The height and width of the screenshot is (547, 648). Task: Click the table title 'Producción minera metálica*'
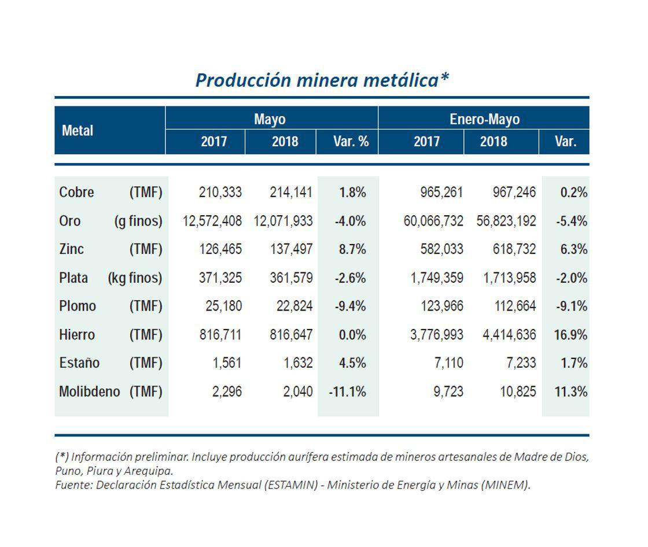click(x=322, y=80)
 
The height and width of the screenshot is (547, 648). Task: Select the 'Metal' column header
click(x=78, y=131)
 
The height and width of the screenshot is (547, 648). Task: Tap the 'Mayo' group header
click(x=270, y=119)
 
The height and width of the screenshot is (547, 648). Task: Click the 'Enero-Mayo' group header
click(x=484, y=119)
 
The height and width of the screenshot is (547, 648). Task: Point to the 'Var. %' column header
click(x=351, y=142)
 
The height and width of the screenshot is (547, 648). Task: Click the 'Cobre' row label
click(x=76, y=193)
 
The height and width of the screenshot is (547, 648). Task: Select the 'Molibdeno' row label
click(x=89, y=391)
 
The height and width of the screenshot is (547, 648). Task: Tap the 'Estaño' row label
click(x=79, y=363)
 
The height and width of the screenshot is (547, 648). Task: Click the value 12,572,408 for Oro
click(x=212, y=221)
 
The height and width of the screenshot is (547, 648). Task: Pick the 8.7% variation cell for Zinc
click(x=352, y=249)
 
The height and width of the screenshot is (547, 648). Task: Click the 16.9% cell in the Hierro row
click(x=570, y=335)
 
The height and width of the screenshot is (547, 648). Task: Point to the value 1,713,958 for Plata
click(x=510, y=278)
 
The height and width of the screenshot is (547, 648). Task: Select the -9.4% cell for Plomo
click(x=350, y=306)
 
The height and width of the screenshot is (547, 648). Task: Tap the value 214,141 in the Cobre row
click(x=291, y=193)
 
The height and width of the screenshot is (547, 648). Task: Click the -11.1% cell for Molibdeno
click(x=348, y=391)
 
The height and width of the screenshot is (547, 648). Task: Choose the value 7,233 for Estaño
click(x=520, y=363)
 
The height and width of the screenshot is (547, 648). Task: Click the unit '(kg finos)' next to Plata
click(x=135, y=278)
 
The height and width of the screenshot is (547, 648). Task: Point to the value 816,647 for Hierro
click(x=291, y=335)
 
